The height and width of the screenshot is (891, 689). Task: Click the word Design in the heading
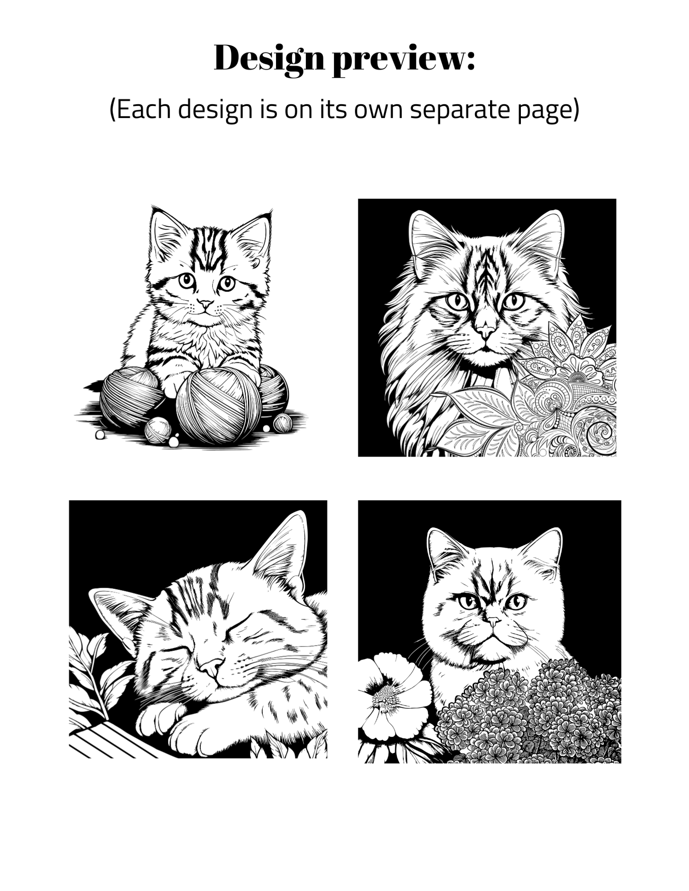269,59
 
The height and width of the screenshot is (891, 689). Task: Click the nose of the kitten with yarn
205,304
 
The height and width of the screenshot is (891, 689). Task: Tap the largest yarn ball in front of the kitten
219,406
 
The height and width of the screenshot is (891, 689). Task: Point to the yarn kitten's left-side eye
187,280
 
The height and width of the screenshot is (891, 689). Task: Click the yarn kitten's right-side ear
252,236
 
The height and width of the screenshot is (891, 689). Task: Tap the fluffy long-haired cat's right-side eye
514,302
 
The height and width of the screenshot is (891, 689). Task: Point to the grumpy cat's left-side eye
468,601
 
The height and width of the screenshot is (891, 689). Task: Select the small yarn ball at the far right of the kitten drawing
282,423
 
